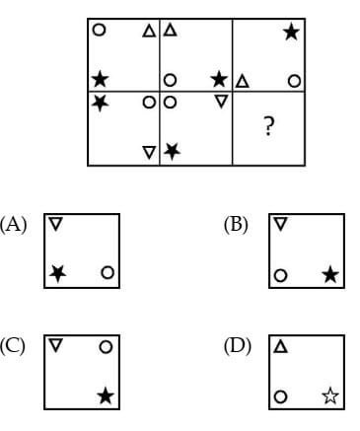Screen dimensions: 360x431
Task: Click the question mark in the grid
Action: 267,126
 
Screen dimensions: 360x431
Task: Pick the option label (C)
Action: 15,345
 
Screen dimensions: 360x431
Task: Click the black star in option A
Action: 58,272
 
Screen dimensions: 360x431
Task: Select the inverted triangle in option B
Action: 281,225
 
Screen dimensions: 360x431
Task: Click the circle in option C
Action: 106,347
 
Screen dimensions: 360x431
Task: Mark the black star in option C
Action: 106,395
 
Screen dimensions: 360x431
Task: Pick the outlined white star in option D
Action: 329,396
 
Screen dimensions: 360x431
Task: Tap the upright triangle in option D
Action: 281,347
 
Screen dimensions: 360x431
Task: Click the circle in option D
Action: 281,396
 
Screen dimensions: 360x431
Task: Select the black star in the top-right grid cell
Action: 291,33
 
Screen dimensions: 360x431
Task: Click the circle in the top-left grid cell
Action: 99,30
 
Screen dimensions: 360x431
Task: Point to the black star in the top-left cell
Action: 99,78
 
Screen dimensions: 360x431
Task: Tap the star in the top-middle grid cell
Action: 218,78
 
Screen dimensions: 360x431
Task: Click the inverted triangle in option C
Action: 56,346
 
